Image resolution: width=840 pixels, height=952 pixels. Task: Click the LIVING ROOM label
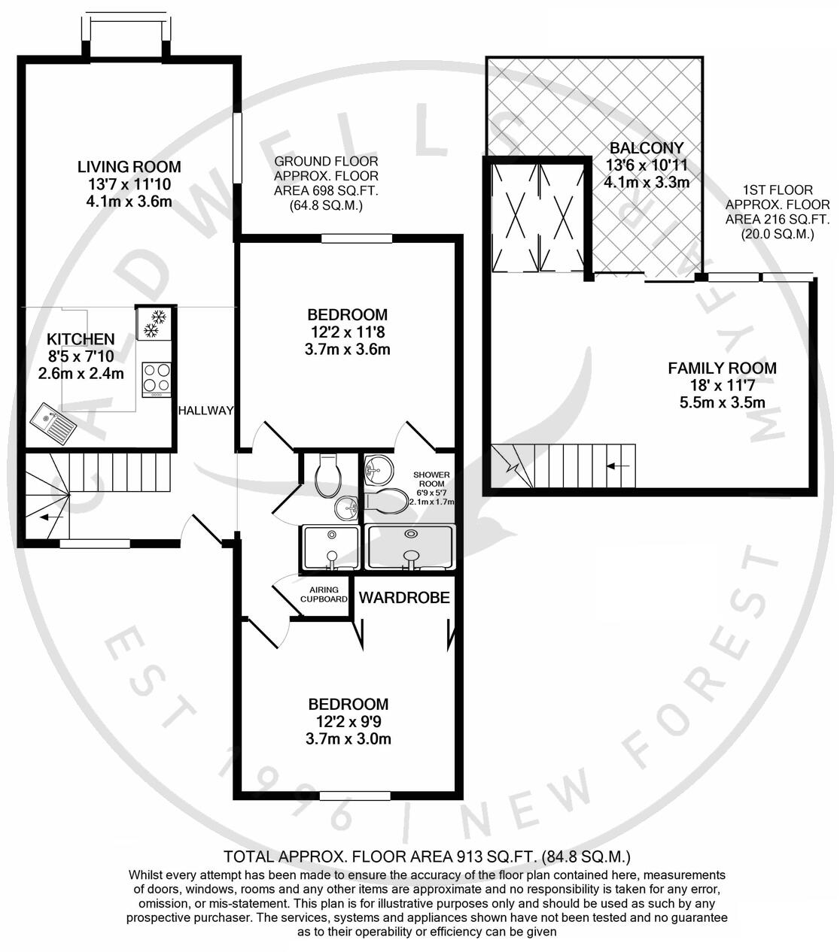[129, 167]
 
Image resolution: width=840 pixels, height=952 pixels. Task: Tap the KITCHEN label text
[81, 340]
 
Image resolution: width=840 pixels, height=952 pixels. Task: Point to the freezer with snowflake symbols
[155, 323]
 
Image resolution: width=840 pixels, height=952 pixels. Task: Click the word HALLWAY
[205, 411]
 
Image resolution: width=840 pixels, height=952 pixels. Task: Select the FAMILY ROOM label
[722, 368]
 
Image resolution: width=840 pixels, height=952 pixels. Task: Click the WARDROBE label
[404, 598]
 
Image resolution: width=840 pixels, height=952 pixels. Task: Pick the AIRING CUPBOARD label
[324, 594]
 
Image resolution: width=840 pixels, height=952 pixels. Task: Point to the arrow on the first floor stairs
[619, 466]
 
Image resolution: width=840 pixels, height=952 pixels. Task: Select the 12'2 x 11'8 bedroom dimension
[348, 332]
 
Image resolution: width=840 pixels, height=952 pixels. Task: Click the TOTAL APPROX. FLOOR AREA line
[427, 856]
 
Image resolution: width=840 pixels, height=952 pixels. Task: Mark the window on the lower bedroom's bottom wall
[349, 796]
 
